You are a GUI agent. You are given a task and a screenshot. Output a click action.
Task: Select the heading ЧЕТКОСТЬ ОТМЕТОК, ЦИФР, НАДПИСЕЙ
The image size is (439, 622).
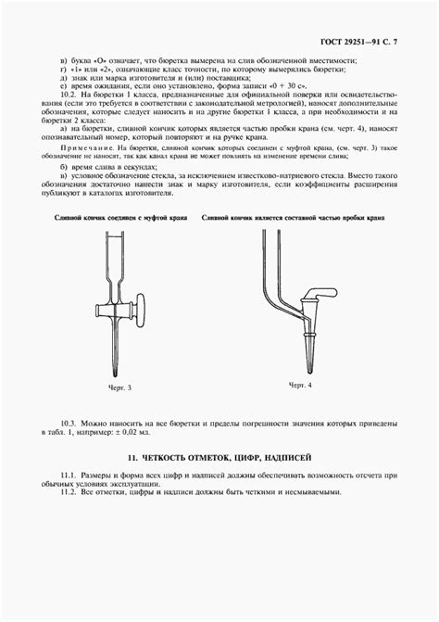tap(219, 458)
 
